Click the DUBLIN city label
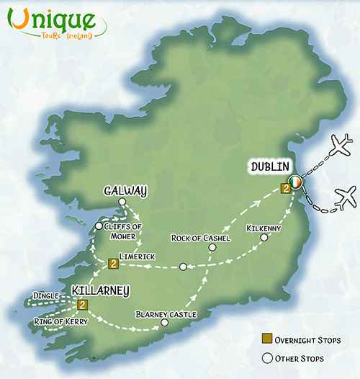[x=270, y=167]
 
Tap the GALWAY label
[x=125, y=191]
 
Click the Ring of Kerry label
[x=60, y=321]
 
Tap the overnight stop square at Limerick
[x=113, y=264]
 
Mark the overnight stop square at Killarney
[x=82, y=305]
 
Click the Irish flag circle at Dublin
[x=294, y=181]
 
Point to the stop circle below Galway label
[x=122, y=202]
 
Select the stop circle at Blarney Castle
[x=165, y=325]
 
